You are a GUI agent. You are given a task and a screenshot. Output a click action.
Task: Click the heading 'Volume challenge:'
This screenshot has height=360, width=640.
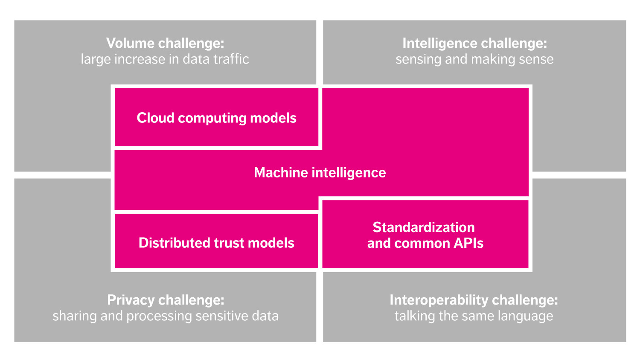pos(165,43)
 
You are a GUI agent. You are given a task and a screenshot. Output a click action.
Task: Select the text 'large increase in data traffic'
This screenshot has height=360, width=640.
pos(165,59)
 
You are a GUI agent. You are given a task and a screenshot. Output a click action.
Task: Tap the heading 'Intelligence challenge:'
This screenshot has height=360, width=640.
pos(474,43)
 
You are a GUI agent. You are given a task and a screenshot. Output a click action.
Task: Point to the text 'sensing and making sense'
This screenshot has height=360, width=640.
pos(474,59)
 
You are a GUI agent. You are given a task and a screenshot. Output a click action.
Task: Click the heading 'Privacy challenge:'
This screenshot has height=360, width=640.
pos(166,300)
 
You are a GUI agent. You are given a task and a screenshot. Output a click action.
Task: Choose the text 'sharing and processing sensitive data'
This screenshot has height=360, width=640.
pos(166,316)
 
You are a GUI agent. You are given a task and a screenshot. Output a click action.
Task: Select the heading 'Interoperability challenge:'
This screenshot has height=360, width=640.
pos(474,300)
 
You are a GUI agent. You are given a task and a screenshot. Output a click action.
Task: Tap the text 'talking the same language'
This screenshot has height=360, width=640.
pos(474,316)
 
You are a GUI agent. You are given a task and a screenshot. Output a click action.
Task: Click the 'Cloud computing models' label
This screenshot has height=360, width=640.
pos(216,118)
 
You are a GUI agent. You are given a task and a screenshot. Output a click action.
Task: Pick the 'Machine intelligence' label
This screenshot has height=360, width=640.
pos(320,172)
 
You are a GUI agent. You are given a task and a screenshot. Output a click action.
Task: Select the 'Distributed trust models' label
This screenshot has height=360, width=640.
pos(216,243)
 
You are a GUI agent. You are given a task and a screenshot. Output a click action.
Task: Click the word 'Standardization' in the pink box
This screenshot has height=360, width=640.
pos(424,227)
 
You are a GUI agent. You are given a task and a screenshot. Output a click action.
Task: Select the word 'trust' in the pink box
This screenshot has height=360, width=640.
pos(229,243)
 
